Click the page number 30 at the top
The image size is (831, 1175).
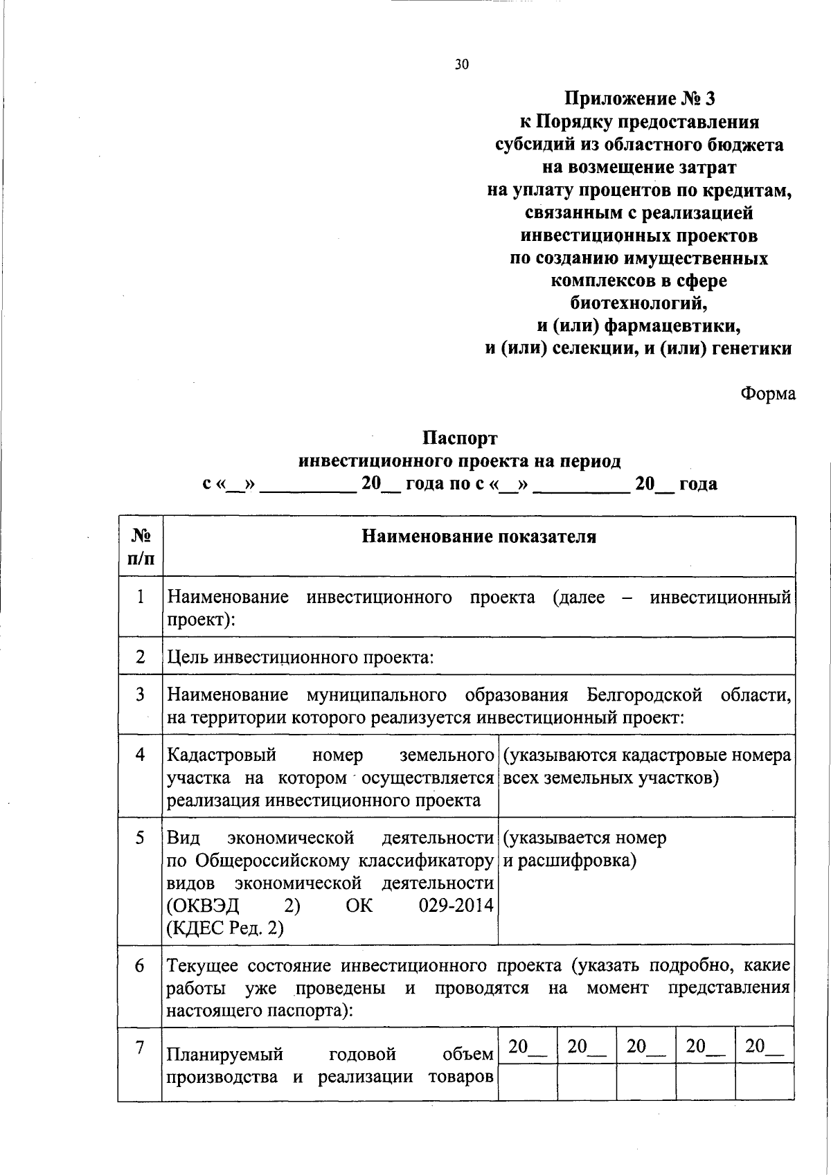(462, 65)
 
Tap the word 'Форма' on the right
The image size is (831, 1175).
(767, 394)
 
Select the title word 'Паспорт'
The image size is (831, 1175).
(461, 438)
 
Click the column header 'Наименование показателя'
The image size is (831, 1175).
(479, 537)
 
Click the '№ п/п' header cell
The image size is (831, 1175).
(141, 546)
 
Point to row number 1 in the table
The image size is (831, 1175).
(141, 597)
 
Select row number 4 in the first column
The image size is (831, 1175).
(141, 755)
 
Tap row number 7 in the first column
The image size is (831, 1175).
(141, 1048)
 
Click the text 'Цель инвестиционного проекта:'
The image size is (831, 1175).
(301, 656)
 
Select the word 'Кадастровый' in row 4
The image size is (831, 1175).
(222, 755)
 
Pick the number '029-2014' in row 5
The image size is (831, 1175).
(456, 906)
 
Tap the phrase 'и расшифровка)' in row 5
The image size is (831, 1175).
(569, 861)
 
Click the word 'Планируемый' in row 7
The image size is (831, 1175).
(226, 1055)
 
